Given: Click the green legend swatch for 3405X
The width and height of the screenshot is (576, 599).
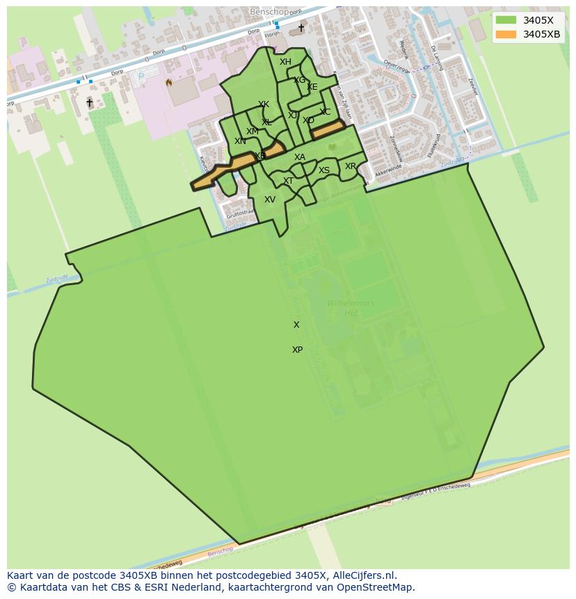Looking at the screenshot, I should (506, 20).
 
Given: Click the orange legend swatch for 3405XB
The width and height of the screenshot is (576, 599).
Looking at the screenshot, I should (506, 34).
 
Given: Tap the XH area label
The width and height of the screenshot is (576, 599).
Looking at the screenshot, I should (285, 62).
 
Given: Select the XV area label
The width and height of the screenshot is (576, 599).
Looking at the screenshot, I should (270, 200).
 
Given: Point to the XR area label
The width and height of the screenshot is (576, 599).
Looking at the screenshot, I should (351, 166).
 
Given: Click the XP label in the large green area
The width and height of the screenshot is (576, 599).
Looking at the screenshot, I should (297, 350).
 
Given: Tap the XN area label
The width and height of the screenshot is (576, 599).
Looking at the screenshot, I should (240, 141).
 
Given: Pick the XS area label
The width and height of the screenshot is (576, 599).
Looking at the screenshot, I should (324, 170).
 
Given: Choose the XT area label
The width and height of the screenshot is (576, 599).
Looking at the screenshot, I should (288, 181).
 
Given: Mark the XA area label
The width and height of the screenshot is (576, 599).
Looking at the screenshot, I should (300, 157).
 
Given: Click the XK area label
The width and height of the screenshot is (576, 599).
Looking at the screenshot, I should (264, 105).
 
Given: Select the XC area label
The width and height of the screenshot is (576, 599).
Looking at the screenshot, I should (325, 112).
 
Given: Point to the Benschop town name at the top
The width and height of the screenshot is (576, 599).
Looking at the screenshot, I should (269, 13).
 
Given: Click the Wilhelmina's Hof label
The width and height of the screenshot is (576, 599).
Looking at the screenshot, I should (351, 308).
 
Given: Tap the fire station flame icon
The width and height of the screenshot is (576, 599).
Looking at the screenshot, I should (168, 82).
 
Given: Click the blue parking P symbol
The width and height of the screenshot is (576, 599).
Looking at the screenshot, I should (142, 77).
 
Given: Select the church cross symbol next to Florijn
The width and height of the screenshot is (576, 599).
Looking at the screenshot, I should (301, 28).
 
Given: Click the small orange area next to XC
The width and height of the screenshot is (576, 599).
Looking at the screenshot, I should (328, 129).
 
